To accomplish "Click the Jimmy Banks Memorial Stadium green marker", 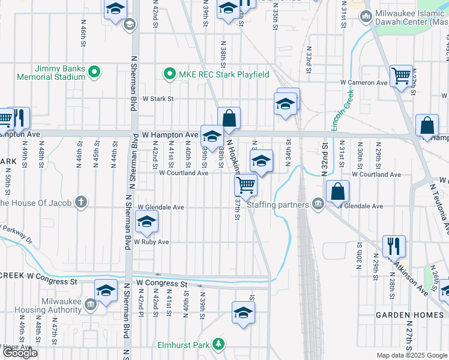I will [x=94, y=73].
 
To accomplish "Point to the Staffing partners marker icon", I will [x=318, y=205].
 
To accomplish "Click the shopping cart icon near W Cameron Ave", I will [x=401, y=76].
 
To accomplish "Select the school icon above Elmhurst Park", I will [x=243, y=312].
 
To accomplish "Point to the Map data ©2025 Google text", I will [x=411, y=355].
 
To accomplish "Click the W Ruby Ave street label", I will [x=151, y=242].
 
